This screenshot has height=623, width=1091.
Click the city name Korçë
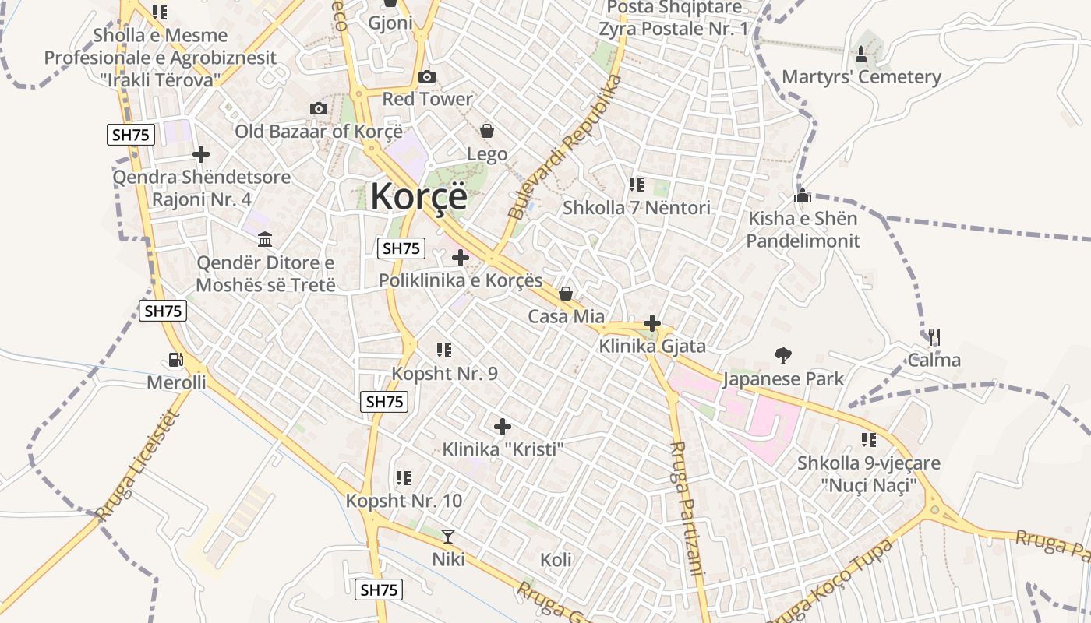(x=418, y=195)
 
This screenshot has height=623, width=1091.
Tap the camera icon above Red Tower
(x=427, y=76)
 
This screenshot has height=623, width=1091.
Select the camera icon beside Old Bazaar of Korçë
(x=318, y=108)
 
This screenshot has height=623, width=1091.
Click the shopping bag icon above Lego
(x=487, y=131)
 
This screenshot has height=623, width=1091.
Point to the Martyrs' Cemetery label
(x=861, y=77)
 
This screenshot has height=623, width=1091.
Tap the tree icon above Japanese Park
(x=783, y=357)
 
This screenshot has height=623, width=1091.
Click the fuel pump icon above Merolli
(x=177, y=360)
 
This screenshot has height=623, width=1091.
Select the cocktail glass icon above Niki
(x=448, y=536)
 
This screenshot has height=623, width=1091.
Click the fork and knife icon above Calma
(x=934, y=337)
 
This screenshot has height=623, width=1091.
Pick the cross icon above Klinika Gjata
(x=652, y=323)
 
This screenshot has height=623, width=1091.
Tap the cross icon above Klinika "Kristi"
(x=503, y=427)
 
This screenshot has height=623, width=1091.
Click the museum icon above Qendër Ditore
(x=265, y=239)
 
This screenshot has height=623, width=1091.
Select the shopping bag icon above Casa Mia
(x=566, y=294)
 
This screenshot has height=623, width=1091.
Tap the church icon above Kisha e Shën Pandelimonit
(x=803, y=196)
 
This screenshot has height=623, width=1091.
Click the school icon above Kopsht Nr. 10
(x=403, y=477)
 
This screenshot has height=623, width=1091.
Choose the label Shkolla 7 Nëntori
(x=637, y=208)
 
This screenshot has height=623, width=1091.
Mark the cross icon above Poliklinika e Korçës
(x=461, y=257)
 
